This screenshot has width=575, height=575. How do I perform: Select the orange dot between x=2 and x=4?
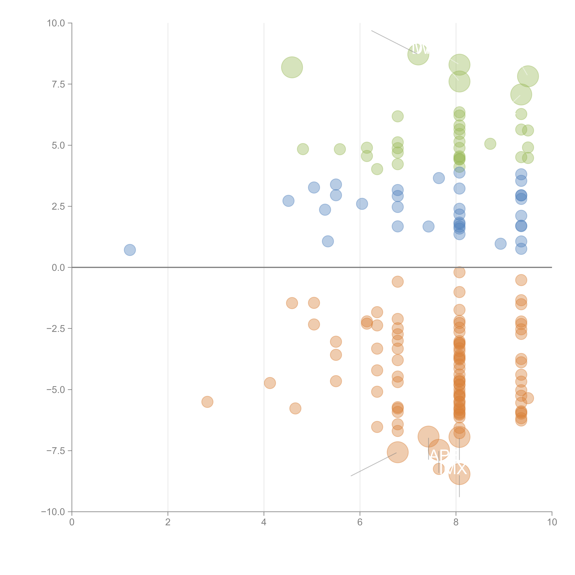[207, 402]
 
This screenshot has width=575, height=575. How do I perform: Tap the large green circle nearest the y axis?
[292, 67]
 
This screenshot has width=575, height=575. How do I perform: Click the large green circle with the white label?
[418, 54]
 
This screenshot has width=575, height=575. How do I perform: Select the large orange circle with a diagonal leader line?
[398, 452]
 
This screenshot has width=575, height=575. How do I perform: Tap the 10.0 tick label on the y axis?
[56, 23]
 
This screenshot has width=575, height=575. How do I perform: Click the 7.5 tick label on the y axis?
[58, 84]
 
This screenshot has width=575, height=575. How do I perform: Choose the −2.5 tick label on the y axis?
[56, 329]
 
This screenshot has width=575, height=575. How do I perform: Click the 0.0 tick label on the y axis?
[58, 268]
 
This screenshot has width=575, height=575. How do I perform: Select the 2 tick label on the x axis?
[168, 522]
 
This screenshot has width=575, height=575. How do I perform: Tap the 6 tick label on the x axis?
[360, 522]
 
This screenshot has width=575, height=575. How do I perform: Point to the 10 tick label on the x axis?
[552, 522]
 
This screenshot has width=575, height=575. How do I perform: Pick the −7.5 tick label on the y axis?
[56, 451]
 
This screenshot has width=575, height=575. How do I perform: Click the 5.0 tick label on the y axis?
[58, 146]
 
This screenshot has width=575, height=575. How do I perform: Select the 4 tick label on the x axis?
[264, 522]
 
